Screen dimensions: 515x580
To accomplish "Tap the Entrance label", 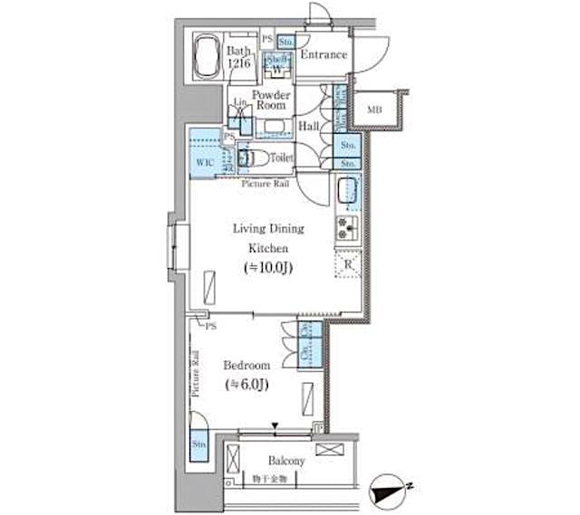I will tap(324, 55).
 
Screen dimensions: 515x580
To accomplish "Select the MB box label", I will tap(374, 110).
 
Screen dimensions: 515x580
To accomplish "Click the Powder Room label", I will tap(270, 100).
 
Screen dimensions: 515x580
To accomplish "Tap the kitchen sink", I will tap(348, 191).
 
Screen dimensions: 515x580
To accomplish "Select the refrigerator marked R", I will tap(349, 264).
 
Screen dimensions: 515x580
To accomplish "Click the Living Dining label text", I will tap(268, 229).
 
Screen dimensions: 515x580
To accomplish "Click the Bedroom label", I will tap(246, 365).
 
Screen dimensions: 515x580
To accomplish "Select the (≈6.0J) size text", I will tap(246, 385).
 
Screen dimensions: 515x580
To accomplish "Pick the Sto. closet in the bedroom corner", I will tap(198, 445).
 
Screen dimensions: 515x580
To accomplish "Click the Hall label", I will tap(308, 127).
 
